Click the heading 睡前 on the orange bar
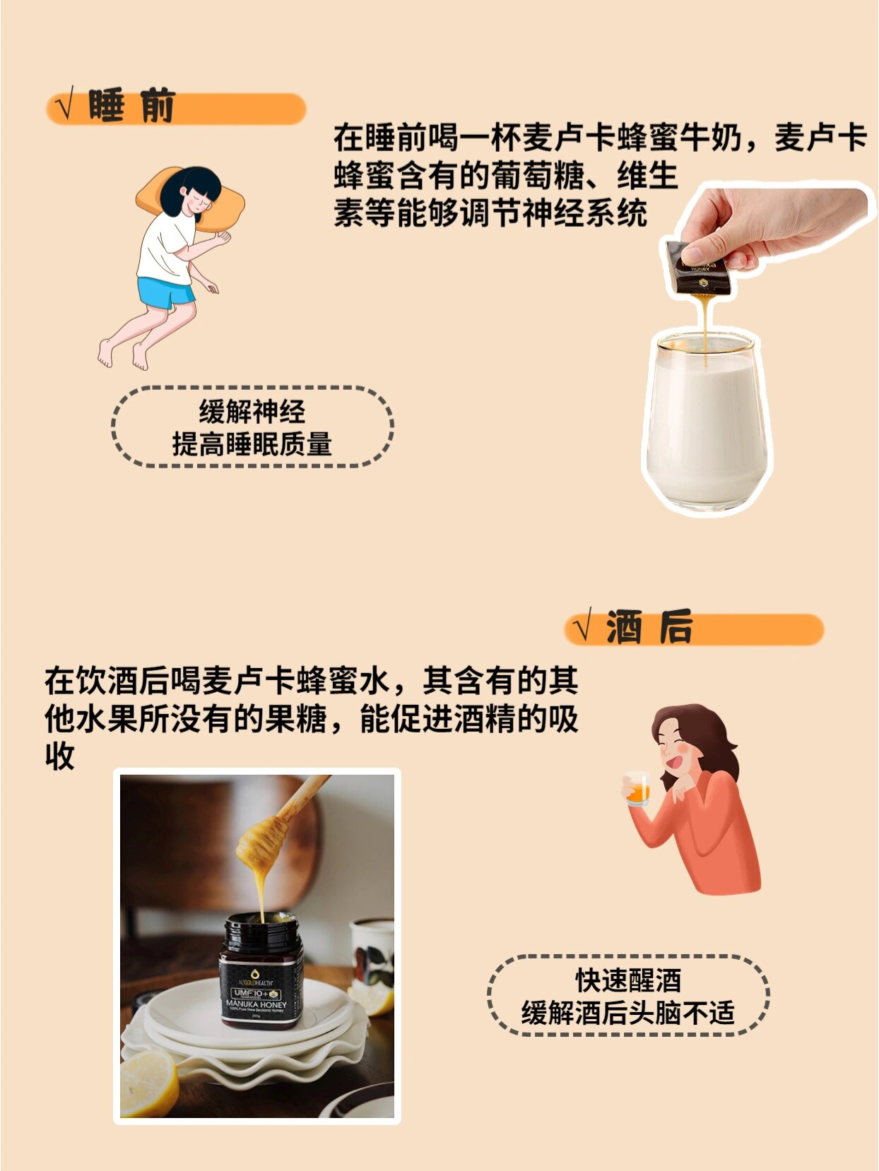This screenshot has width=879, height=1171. click(131, 107)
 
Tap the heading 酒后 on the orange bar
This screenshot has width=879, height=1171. click(649, 628)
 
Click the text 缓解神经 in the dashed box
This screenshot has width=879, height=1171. click(252, 411)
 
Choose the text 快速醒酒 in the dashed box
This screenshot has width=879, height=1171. click(627, 980)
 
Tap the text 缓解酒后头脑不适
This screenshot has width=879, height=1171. click(627, 1013)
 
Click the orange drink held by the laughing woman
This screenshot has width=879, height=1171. click(637, 790)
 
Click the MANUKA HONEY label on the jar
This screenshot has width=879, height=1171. click(256, 1004)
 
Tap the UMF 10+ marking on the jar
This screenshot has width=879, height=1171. click(251, 993)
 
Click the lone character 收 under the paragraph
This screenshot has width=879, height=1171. click(59, 756)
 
